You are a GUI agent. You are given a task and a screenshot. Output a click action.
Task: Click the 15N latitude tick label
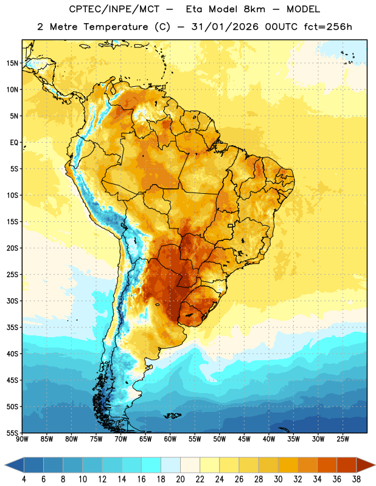coord(12,63)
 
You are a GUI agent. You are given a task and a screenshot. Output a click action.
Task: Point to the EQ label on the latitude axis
coord(14,143)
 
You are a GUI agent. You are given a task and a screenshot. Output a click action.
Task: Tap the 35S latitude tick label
coord(12,327)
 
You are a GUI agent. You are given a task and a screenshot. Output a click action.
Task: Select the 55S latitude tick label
coord(12,433)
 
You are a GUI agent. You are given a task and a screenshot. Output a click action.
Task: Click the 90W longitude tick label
coord(22,439)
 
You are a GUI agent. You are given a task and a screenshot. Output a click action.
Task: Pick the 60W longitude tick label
coord(170,439)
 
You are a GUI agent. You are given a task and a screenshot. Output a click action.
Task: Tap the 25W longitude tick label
coord(343,439)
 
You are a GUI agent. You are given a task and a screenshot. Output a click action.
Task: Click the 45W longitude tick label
coord(244,439)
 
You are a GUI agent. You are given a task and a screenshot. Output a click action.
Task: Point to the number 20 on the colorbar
coord(180,479)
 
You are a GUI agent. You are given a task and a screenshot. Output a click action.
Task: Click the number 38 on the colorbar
coord(357,479)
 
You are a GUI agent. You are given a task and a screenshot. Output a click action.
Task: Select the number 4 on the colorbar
coord(24,479)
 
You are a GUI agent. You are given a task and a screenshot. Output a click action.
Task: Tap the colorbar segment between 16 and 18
coord(151,465)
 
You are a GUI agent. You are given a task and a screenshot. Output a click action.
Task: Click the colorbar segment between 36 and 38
coord(347,465)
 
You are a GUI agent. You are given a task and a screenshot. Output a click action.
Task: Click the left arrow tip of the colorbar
coord(5,465)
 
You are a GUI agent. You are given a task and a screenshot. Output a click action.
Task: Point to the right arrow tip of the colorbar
coord(375,465)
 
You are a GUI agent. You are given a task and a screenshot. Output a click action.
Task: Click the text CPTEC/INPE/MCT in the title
coord(114,9)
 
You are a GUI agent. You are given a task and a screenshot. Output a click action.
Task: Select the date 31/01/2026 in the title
coord(225,27)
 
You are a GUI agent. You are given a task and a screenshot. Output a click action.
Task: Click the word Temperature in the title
coord(116,27)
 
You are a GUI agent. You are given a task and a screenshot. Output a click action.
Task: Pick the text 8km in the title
coord(254,9)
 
